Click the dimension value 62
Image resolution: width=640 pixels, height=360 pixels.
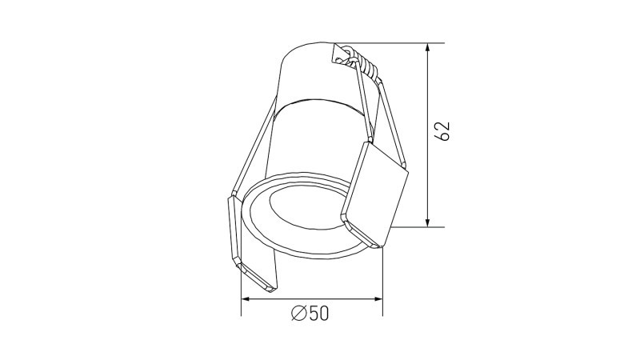pos(444,132)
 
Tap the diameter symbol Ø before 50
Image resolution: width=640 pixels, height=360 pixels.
pos(298,314)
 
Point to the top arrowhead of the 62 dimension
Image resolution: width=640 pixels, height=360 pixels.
pos(430,48)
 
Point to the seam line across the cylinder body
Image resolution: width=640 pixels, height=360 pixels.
pos(320,102)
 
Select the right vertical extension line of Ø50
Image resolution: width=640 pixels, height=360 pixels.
pos(382,280)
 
